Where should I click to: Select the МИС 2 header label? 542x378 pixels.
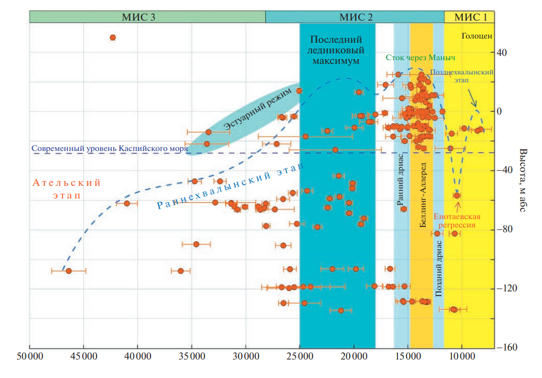[x=356, y=17]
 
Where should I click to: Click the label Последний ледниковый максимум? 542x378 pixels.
[x=336, y=50]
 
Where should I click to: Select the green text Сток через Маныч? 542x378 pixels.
[x=420, y=57]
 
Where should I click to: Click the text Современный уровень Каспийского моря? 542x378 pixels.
[x=109, y=148]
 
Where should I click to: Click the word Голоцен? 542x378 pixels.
[x=477, y=36]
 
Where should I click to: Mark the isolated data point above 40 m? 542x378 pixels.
[x=113, y=37]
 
